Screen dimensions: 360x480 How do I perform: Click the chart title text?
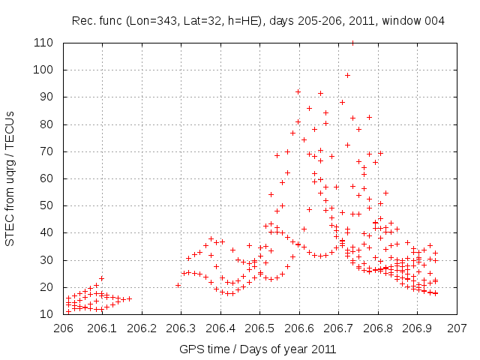(x=258, y=21)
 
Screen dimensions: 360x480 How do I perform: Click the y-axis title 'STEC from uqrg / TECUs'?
(x=10, y=178)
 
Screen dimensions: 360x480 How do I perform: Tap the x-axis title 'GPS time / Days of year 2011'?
(x=258, y=349)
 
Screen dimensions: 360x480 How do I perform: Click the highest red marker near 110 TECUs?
(x=352, y=43)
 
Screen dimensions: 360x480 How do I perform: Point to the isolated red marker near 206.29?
(x=178, y=285)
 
